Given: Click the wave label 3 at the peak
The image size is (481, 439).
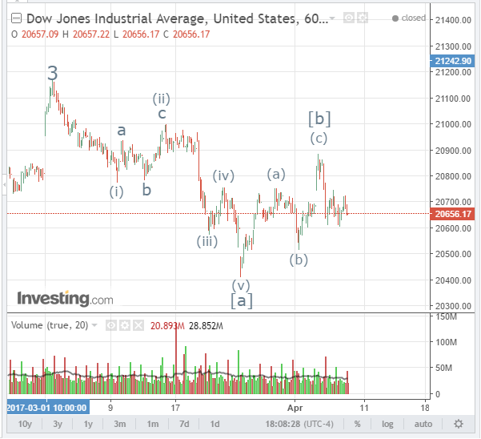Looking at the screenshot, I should (x=53, y=74).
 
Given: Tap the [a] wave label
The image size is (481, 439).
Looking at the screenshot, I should (x=242, y=301).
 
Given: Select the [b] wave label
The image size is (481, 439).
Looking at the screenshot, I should (x=319, y=119).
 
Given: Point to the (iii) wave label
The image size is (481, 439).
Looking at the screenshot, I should (x=207, y=241).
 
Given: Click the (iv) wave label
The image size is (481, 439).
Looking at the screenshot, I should (x=222, y=176).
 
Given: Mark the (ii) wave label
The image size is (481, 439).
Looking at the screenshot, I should (x=161, y=99).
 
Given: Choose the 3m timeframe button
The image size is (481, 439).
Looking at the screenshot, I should (x=120, y=424).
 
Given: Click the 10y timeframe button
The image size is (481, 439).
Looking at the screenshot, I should (x=25, y=424).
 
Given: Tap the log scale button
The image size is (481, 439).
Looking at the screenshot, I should (x=388, y=424).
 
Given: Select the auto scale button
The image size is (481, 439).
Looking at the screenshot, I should (x=423, y=424).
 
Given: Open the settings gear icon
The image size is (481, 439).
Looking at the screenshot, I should (x=459, y=424).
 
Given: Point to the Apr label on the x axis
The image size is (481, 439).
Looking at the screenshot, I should (x=296, y=407).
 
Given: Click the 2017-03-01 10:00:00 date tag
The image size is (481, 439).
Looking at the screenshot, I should (x=47, y=407).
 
